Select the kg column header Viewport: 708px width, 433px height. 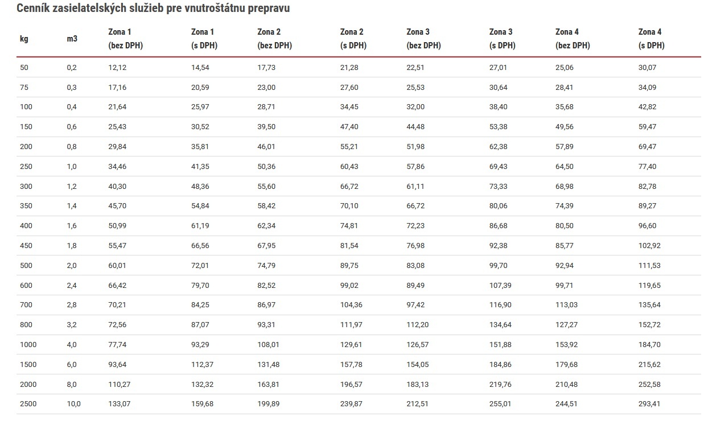(24, 39)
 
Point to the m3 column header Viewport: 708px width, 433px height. (72, 39)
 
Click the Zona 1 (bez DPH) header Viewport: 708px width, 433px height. (125, 39)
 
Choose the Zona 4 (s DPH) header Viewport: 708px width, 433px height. (652, 39)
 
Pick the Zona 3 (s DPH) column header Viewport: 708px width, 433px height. (502, 39)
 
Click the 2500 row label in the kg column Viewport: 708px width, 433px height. (28, 404)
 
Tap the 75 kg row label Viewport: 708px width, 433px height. (24, 87)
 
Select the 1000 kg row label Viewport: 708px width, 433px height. (28, 344)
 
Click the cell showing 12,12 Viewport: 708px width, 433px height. (117, 67)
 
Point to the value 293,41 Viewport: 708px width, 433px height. (649, 404)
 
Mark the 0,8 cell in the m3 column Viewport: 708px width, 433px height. (72, 147)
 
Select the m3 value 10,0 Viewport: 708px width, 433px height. (73, 404)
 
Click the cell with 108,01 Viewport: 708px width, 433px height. (268, 344)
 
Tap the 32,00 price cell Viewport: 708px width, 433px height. (415, 107)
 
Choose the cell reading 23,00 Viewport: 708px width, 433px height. (266, 87)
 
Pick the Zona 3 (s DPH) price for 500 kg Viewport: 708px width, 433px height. (498, 266)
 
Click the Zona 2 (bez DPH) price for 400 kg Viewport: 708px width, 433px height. (266, 226)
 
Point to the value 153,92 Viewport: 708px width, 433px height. (566, 344)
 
